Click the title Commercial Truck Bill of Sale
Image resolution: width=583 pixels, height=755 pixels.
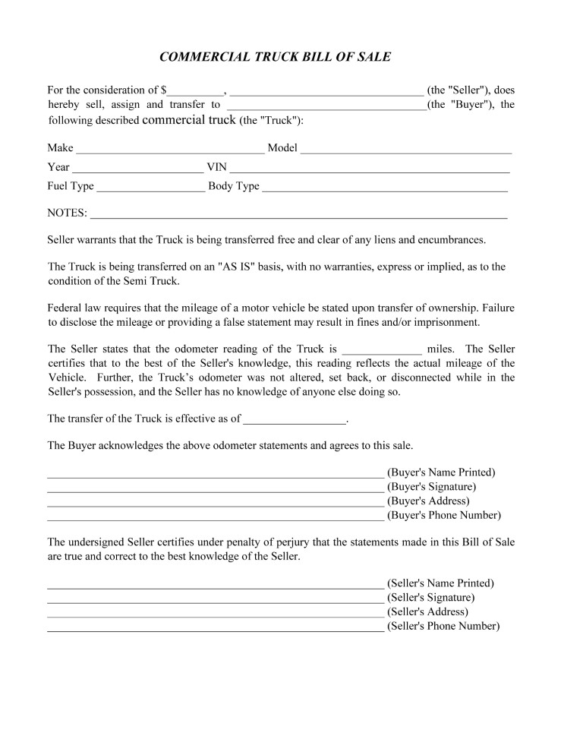(x=275, y=58)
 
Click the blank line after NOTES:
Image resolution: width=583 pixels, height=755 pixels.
(x=298, y=215)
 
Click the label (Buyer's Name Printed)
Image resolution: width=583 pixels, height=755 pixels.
(x=441, y=472)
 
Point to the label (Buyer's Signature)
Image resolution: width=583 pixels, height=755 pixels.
(x=431, y=487)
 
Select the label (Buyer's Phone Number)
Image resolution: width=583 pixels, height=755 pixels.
(x=444, y=516)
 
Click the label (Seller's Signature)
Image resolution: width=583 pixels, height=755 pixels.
(x=430, y=598)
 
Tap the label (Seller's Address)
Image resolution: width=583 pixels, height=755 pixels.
(x=427, y=612)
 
